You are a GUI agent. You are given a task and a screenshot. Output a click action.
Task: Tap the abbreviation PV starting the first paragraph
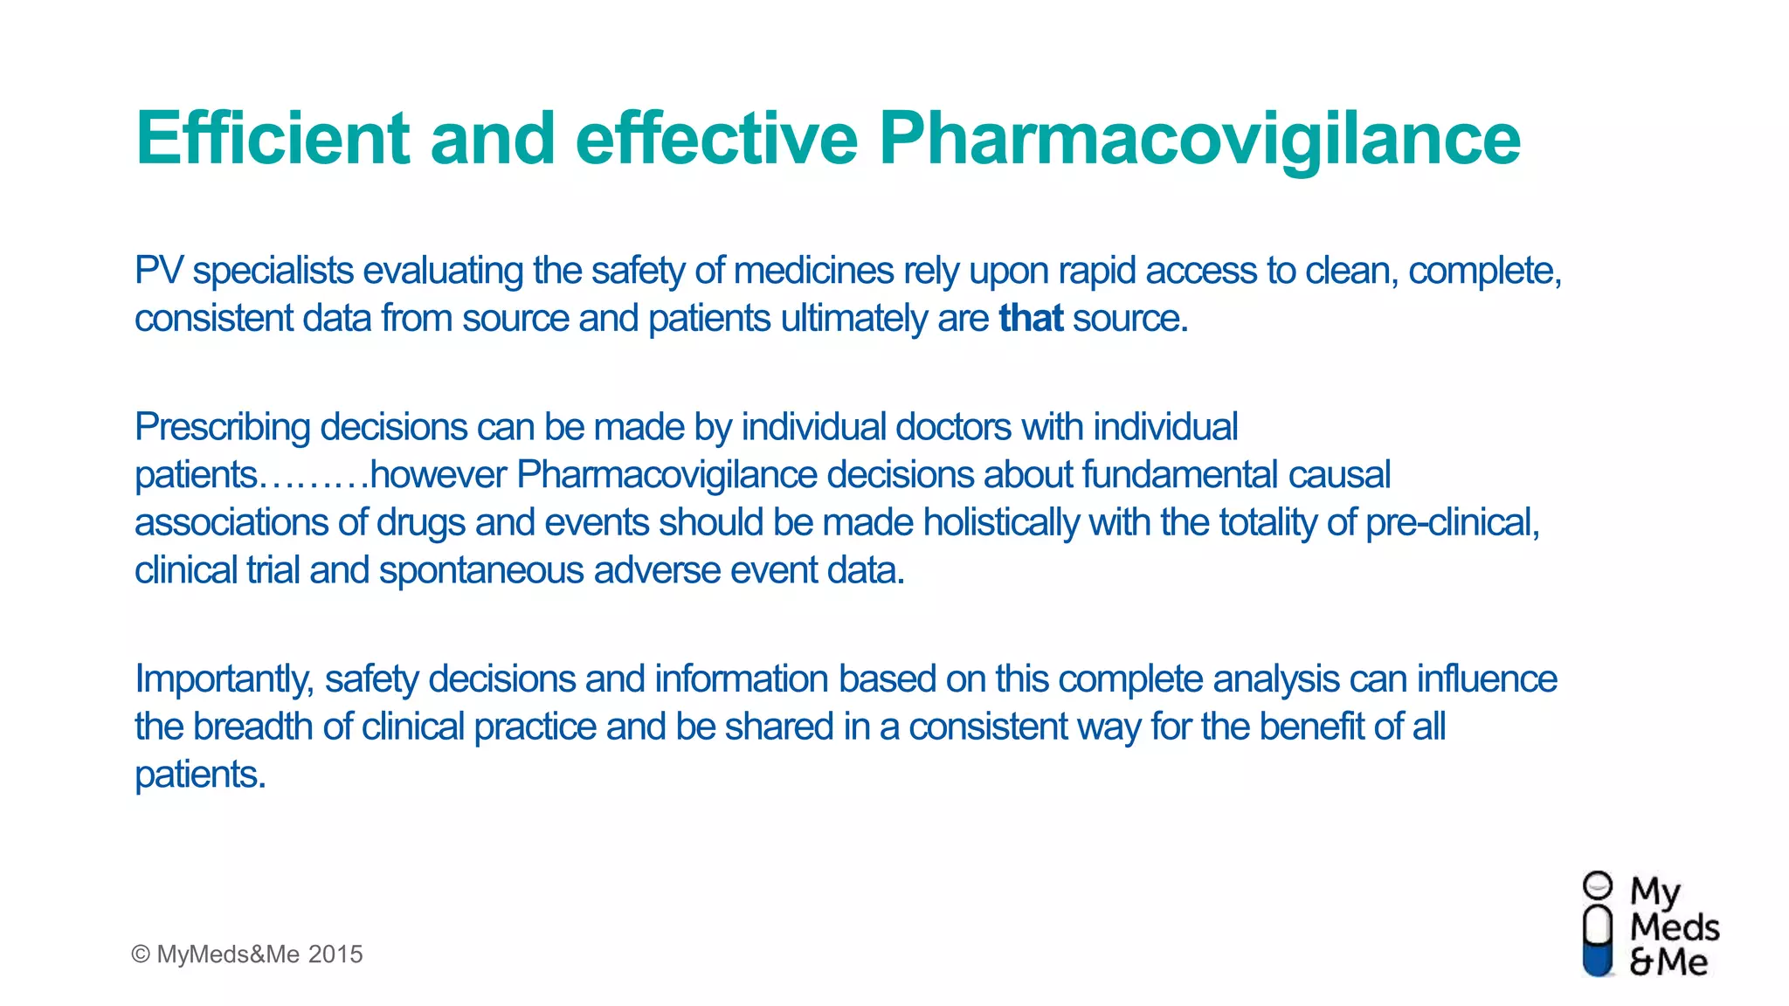pyautogui.click(x=158, y=271)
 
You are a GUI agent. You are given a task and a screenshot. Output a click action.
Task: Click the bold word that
pyautogui.click(x=1031, y=319)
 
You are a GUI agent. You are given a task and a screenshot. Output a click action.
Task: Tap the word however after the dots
pyautogui.click(x=439, y=475)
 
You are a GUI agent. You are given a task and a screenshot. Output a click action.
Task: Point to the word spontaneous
pyautogui.click(x=481, y=571)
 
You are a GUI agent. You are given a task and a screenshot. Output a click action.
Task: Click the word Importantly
pyautogui.click(x=224, y=679)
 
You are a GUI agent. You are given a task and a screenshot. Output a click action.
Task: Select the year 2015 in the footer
pyautogui.click(x=335, y=954)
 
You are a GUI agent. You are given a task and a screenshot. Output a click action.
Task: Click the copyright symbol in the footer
pyautogui.click(x=141, y=954)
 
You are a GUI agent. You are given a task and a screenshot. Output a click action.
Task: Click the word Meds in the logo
pyautogui.click(x=1675, y=927)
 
